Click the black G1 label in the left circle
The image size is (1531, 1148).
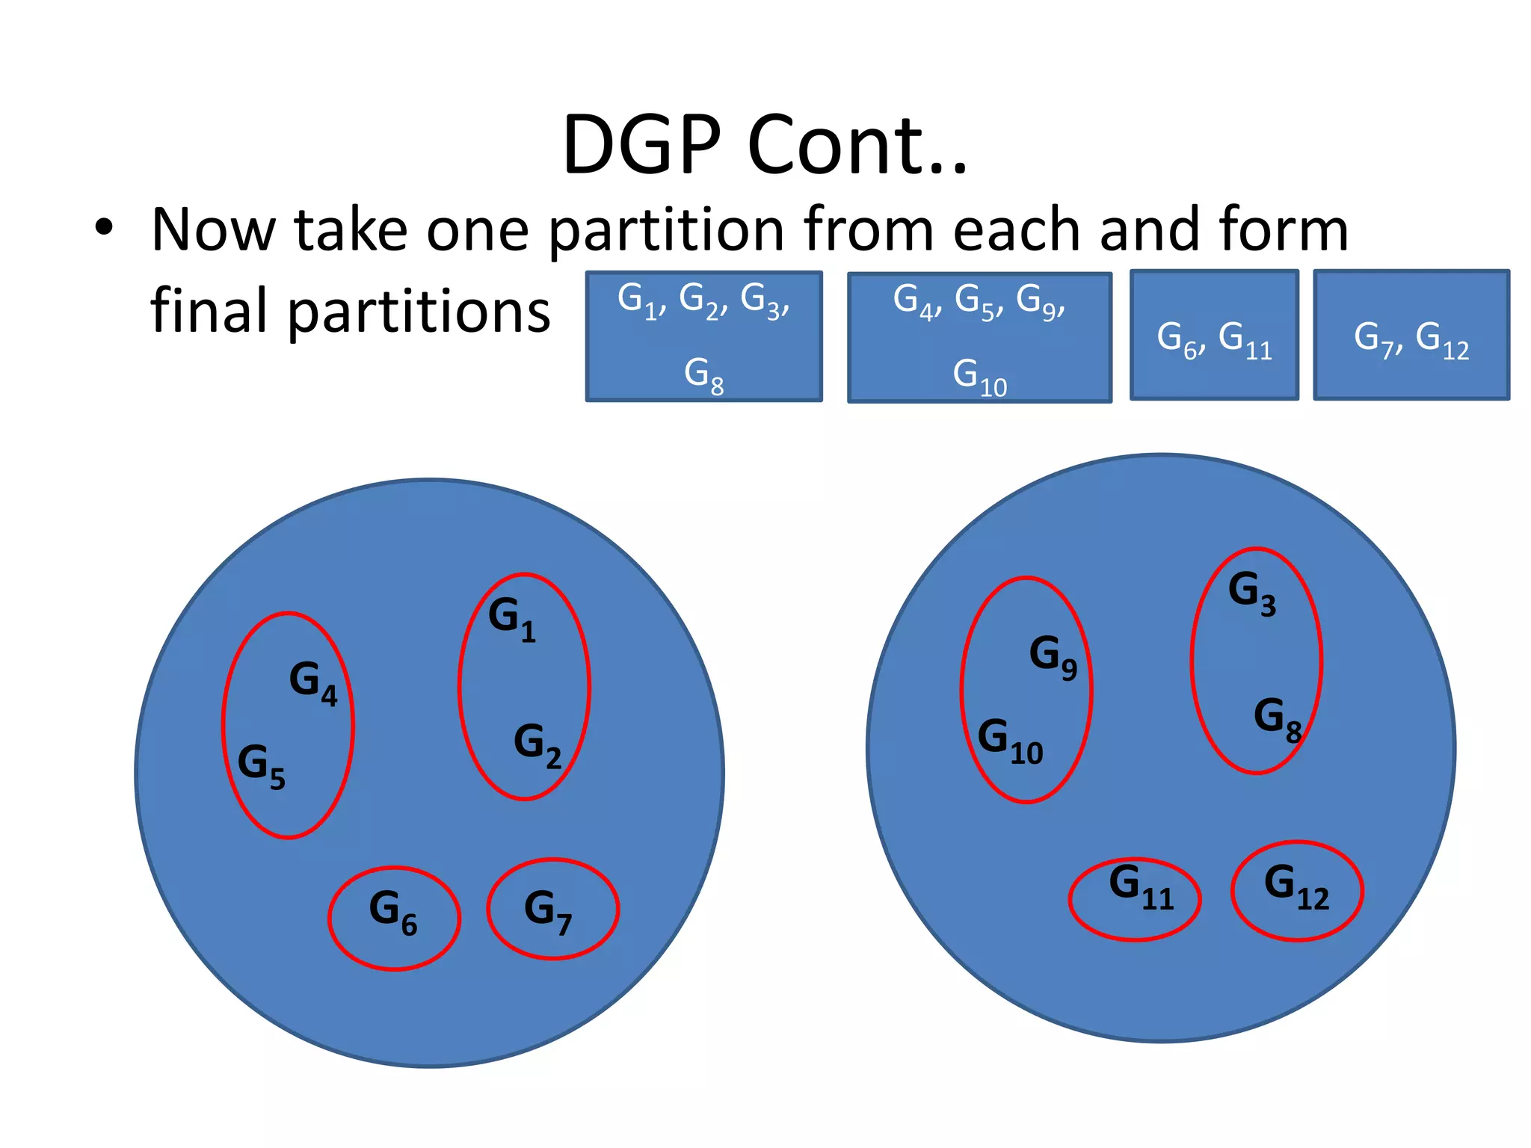point(511,619)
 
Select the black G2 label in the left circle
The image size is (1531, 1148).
point(537,745)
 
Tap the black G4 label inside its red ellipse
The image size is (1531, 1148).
point(312,682)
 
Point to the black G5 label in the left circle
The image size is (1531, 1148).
point(261,765)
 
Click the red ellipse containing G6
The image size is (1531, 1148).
point(394,918)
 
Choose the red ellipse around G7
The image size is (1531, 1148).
point(552,909)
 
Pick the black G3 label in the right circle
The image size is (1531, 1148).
point(1251,593)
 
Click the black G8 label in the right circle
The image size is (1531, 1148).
point(1277,719)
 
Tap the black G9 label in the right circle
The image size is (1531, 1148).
point(1053,656)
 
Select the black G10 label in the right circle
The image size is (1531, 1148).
point(1009,740)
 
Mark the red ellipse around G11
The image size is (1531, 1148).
point(1135,898)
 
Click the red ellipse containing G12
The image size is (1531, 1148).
point(1297,891)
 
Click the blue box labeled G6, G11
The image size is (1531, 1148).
point(1214,336)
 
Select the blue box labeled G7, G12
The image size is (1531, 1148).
point(1411,336)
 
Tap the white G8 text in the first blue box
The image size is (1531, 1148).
point(703,374)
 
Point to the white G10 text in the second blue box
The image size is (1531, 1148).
point(979,376)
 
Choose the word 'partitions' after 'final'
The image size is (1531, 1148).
point(419,311)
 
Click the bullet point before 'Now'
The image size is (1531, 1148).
point(104,228)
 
